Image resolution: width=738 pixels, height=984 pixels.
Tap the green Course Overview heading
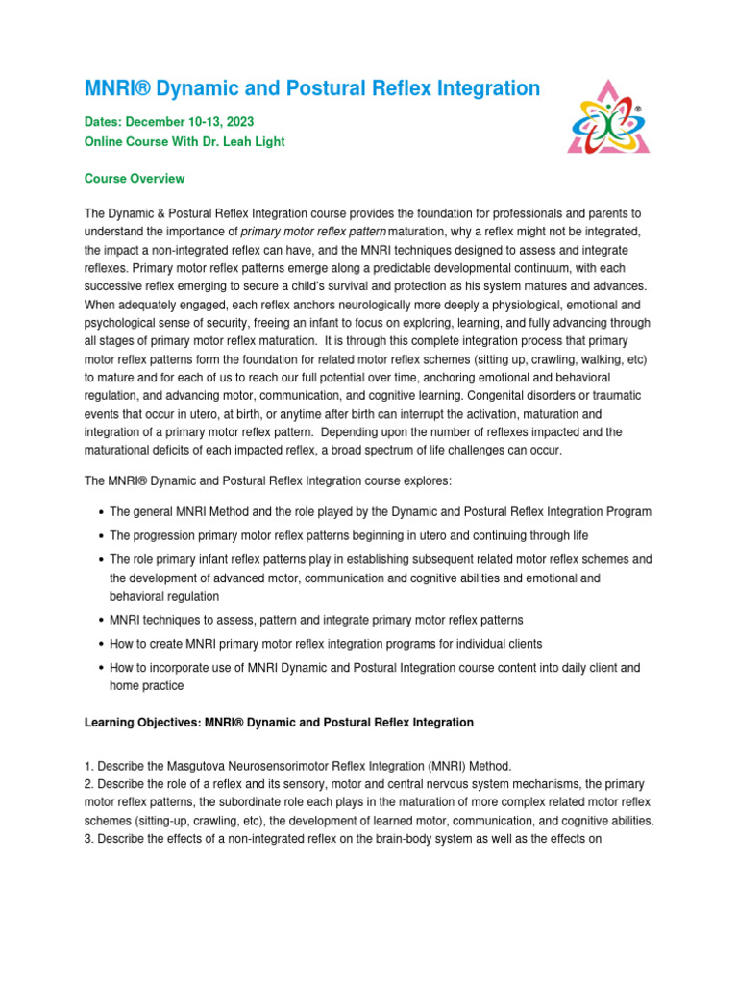click(135, 179)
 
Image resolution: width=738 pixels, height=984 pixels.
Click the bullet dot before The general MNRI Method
click(101, 513)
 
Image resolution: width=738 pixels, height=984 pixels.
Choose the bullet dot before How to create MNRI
click(101, 644)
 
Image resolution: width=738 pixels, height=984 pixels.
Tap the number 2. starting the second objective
click(90, 784)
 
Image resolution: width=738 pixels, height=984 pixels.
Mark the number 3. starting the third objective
click(90, 839)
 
